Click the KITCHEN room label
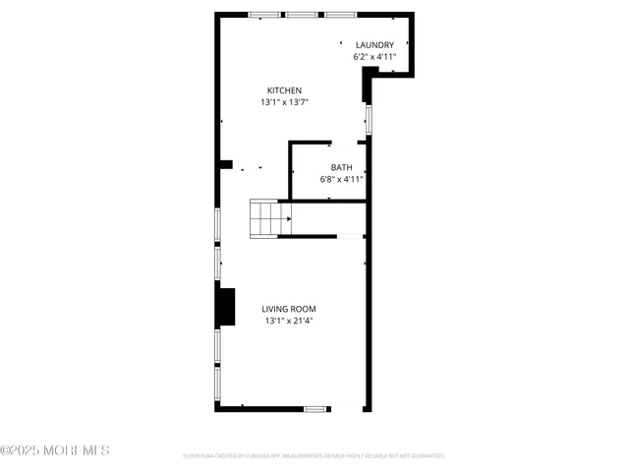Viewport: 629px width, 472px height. click(x=284, y=90)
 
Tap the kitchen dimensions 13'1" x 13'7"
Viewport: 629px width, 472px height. click(x=284, y=102)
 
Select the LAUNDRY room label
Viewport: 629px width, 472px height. click(x=374, y=45)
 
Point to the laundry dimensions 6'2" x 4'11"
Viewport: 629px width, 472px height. click(x=374, y=57)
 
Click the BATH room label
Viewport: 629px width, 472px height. click(x=341, y=167)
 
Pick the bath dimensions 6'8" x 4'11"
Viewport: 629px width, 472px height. click(x=341, y=179)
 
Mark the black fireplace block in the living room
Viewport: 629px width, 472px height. click(x=227, y=306)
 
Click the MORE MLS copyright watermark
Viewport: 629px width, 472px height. click(x=55, y=450)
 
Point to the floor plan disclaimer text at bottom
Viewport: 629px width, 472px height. click(x=314, y=456)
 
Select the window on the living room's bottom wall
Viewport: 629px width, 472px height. click(x=315, y=408)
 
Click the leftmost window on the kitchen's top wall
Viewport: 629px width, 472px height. click(x=262, y=15)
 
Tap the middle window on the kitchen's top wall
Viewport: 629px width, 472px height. click(x=301, y=15)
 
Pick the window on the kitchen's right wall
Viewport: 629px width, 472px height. click(x=369, y=120)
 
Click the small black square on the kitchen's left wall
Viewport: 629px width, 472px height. click(x=225, y=164)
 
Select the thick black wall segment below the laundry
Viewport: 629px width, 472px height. click(x=368, y=90)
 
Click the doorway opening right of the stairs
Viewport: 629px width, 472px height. click(x=350, y=236)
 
